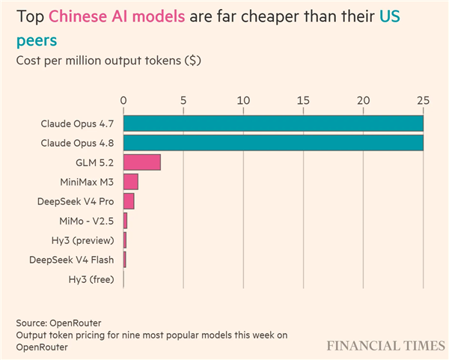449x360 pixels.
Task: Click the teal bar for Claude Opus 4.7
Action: [273, 123]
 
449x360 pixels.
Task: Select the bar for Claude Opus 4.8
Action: [273, 143]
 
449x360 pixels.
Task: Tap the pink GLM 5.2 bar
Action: [142, 162]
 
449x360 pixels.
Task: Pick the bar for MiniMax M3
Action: [131, 182]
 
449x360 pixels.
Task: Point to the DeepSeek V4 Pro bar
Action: [129, 201]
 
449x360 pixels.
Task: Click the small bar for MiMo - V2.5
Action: [126, 221]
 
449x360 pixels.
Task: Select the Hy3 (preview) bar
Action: [125, 240]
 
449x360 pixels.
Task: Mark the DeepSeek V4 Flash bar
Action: [125, 260]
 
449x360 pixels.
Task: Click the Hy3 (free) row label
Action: [91, 279]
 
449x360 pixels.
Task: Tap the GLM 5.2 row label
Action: [95, 162]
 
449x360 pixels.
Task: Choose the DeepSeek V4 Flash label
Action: [72, 260]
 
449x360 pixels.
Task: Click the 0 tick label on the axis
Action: [123, 100]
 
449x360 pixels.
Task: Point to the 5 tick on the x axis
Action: [183, 100]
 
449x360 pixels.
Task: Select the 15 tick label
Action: [303, 100]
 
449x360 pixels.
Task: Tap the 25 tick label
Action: [424, 100]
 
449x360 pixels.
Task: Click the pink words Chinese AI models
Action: [117, 16]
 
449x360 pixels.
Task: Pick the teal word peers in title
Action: [37, 40]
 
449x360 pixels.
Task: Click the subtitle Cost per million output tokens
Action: [99, 61]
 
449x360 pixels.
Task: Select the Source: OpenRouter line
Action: [58, 323]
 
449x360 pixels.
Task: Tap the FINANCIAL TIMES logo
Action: [386, 346]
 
